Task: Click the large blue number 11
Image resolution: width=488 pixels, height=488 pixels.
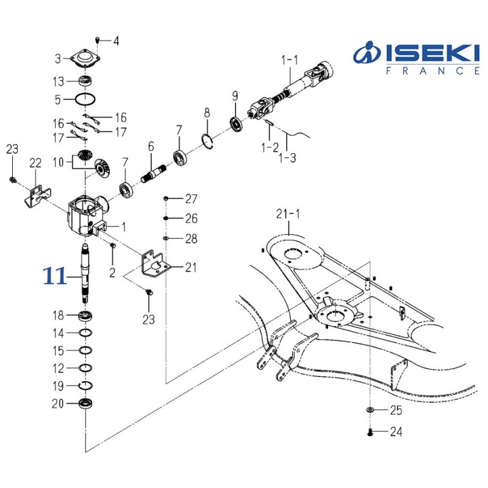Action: pyautogui.click(x=55, y=276)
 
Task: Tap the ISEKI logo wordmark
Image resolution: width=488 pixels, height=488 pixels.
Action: pyautogui.click(x=417, y=53)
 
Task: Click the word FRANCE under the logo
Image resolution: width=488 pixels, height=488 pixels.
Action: pyautogui.click(x=432, y=71)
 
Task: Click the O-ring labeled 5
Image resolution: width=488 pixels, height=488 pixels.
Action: pyautogui.click(x=85, y=99)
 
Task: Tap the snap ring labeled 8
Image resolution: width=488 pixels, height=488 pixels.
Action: pyautogui.click(x=207, y=140)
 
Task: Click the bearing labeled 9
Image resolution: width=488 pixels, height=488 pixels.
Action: pyautogui.click(x=237, y=125)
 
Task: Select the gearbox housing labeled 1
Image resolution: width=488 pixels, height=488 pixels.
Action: pyautogui.click(x=85, y=215)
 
